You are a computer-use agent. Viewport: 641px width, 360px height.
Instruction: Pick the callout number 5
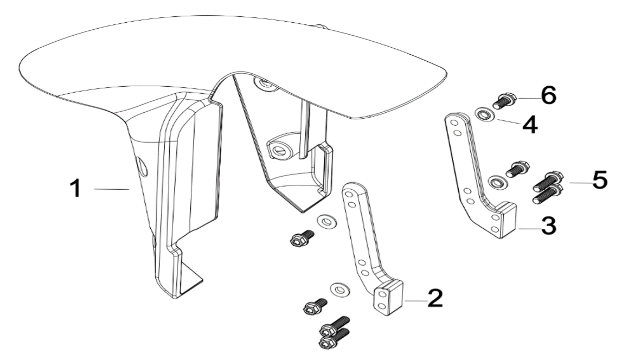click(599, 181)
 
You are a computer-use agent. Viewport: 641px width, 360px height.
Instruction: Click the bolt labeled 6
click(504, 101)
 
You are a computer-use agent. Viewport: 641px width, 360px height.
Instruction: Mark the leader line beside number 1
click(111, 189)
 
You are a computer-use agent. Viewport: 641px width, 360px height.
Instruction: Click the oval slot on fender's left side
click(143, 165)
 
